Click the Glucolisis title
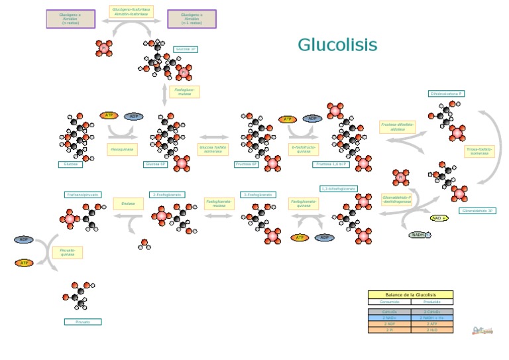click(337, 45)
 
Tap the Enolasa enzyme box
click(128, 204)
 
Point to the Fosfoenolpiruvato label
click(83, 195)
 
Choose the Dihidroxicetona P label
click(447, 94)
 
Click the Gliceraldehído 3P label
click(477, 211)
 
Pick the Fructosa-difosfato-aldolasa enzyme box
click(397, 126)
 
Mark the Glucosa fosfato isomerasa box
click(212, 150)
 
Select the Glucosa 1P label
click(186, 49)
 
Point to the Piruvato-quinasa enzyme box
click(68, 251)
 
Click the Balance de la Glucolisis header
click(410, 294)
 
